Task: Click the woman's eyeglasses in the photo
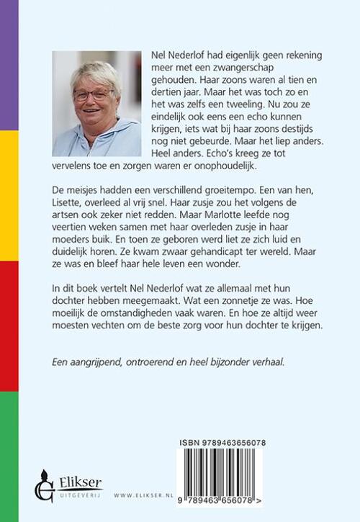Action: coord(93,94)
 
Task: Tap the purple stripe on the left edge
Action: coord(9,65)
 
